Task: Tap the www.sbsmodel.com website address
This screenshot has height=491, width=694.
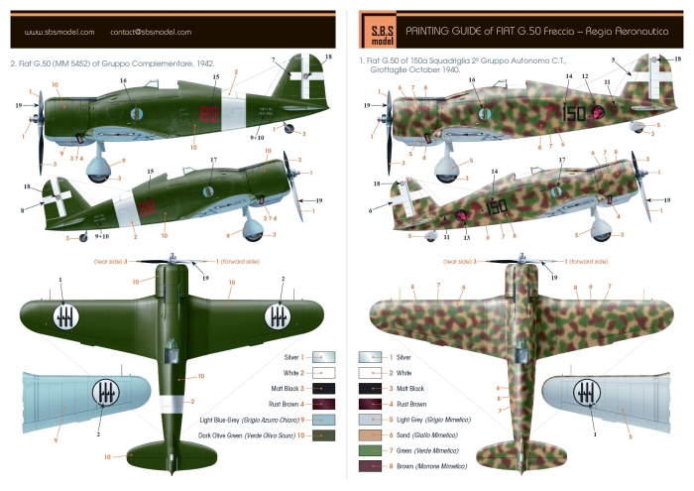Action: click(56, 32)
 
